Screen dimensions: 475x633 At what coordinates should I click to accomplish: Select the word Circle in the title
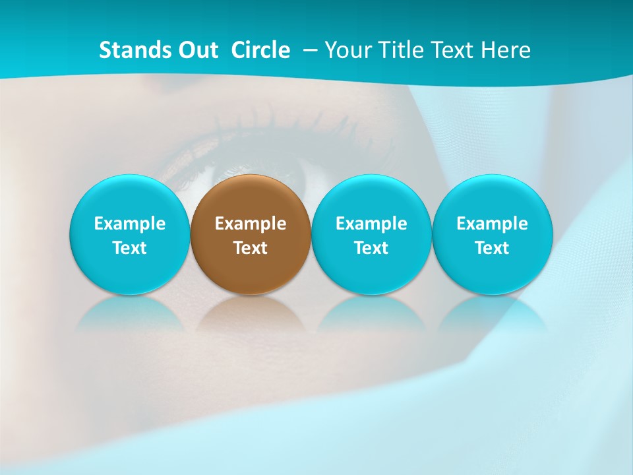[260, 50]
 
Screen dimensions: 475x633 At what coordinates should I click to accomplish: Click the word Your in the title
[346, 50]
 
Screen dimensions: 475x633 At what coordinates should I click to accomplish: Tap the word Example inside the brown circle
[251, 224]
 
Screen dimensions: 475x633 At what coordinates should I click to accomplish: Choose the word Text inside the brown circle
[251, 248]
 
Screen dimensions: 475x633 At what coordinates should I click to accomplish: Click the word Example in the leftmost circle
[130, 224]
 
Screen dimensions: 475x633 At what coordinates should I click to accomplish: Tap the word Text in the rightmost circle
[492, 248]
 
